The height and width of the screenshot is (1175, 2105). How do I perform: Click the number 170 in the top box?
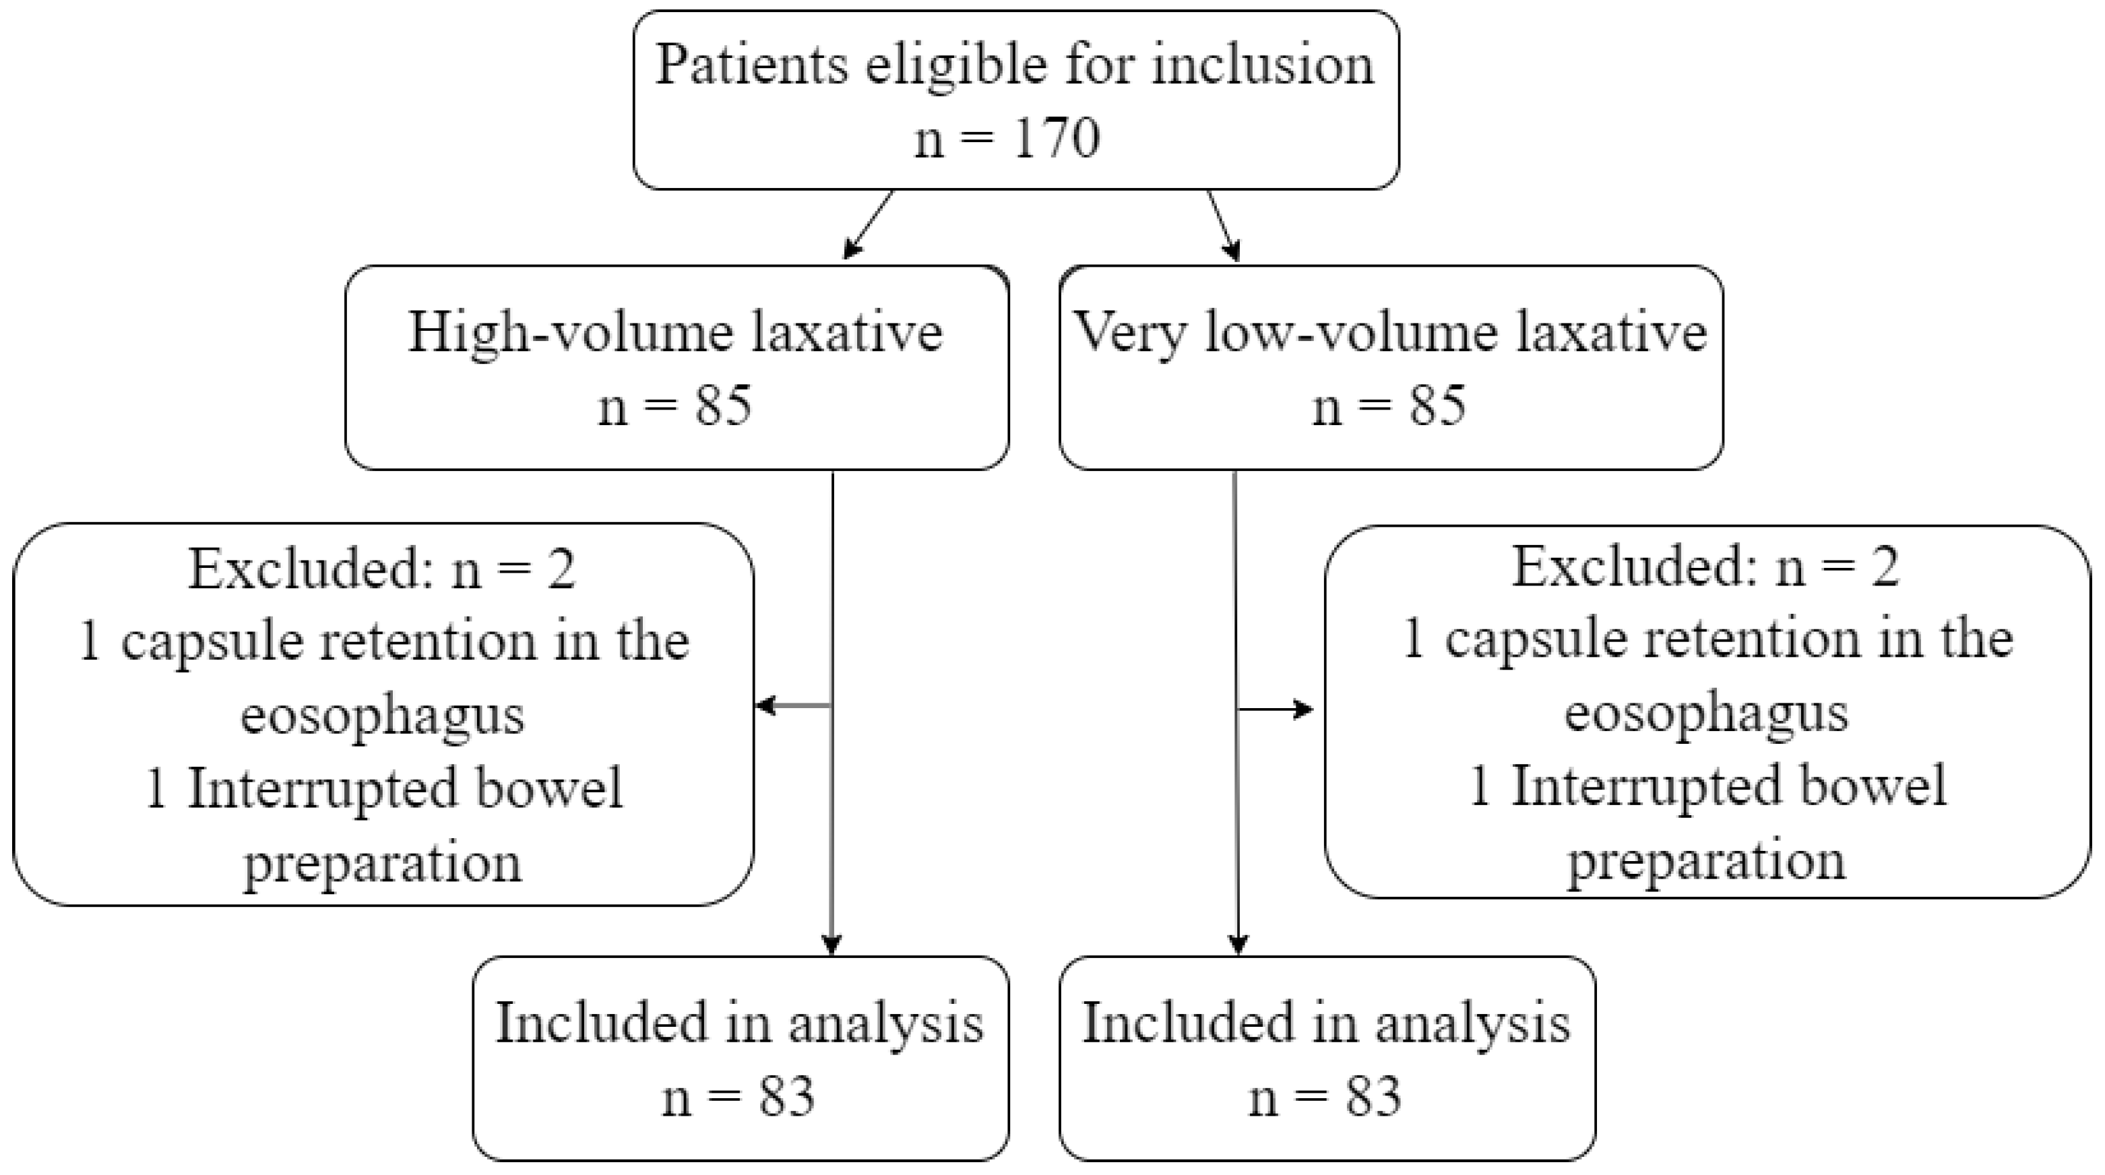pos(1055,138)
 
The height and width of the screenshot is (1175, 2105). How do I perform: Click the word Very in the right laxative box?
pos(1129,334)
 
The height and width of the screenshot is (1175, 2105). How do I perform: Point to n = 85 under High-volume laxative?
pos(675,406)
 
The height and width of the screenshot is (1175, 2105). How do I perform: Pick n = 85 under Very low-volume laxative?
pos(1389,406)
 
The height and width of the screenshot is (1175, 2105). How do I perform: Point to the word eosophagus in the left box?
pos(383,714)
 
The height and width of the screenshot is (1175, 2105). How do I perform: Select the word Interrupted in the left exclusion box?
pos(323,788)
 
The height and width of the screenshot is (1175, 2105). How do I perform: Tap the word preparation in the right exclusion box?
pos(1706,860)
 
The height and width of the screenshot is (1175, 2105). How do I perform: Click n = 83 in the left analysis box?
pos(739,1097)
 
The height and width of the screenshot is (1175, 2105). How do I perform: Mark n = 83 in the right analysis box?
pos(1325,1097)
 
